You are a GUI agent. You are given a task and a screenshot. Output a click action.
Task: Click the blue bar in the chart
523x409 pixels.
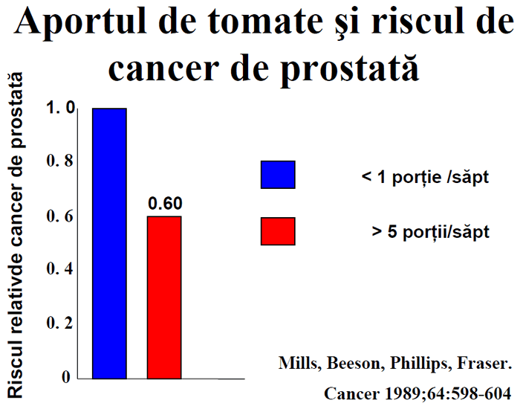(x=109, y=243)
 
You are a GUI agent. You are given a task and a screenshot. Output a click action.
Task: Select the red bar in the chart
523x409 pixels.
(x=164, y=297)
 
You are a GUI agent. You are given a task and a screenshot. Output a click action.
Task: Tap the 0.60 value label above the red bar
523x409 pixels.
(x=165, y=203)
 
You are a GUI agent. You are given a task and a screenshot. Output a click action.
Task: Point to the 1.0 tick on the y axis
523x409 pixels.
(x=60, y=108)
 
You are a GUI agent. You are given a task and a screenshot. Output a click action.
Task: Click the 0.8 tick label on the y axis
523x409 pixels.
(x=59, y=161)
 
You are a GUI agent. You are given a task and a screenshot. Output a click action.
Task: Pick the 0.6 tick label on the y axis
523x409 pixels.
(x=59, y=216)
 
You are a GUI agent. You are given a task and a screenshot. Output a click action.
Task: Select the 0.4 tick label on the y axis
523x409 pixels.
(x=59, y=268)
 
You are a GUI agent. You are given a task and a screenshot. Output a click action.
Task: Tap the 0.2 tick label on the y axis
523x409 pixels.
(x=59, y=323)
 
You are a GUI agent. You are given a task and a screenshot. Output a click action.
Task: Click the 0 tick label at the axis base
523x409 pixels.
(x=66, y=377)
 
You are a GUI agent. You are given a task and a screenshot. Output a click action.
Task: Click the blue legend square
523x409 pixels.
(x=278, y=175)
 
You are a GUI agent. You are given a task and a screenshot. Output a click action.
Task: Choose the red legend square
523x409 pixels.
(x=278, y=231)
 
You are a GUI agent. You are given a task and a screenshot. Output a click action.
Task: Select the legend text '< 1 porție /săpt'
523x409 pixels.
(x=425, y=177)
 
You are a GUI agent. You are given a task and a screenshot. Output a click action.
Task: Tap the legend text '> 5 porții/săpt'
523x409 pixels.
(x=430, y=232)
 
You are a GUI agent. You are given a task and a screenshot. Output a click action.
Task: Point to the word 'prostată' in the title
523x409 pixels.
(x=349, y=68)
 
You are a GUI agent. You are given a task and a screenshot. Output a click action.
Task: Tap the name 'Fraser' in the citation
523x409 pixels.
(x=484, y=363)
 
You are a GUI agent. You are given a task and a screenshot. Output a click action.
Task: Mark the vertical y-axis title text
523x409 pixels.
(x=16, y=235)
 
